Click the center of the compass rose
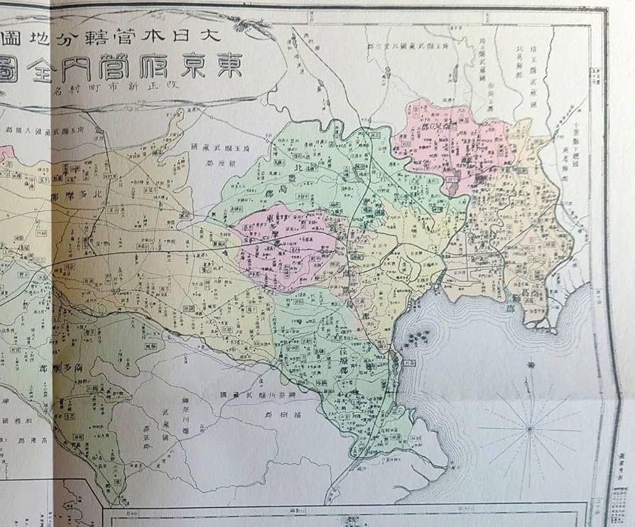529,429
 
